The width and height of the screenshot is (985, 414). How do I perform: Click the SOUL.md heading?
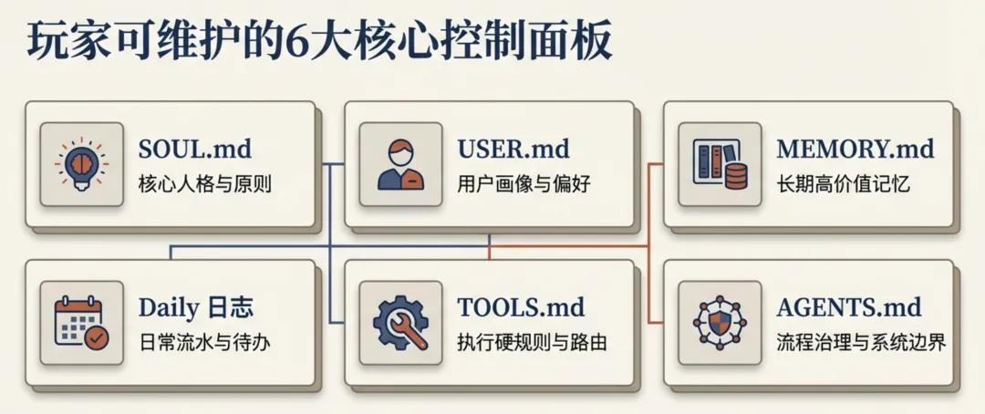(194, 149)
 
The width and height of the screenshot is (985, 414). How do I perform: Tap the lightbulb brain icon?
(81, 164)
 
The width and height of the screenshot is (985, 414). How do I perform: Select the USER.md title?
(513, 149)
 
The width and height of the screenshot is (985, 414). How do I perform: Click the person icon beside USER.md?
(400, 164)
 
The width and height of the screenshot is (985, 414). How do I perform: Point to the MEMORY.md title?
(855, 149)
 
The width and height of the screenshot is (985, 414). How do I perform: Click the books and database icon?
(720, 164)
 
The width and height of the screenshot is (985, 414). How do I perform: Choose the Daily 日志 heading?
(196, 307)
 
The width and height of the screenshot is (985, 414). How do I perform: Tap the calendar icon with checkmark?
(81, 323)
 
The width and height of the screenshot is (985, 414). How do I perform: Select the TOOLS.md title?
(521, 307)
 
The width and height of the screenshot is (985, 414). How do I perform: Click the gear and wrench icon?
(400, 323)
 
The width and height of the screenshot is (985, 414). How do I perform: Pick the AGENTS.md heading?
(849, 307)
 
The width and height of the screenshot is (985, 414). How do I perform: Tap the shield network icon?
(720, 323)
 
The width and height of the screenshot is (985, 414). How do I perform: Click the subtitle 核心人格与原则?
(205, 184)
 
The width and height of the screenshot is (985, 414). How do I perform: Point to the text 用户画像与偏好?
(524, 184)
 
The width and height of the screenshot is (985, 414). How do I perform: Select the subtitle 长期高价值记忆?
(844, 184)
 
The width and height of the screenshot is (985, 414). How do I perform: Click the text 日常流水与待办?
(205, 343)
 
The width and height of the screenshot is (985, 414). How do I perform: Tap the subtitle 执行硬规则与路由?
(533, 343)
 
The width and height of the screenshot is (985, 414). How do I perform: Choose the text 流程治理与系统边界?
(861, 343)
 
